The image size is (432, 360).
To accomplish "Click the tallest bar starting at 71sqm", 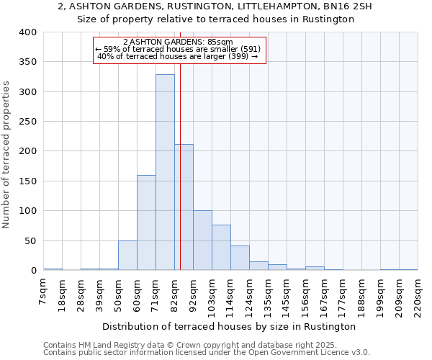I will (165, 172).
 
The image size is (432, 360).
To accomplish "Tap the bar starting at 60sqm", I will (146, 222).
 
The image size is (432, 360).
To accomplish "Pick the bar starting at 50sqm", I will (127, 256).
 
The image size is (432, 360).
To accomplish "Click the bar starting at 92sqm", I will (202, 240).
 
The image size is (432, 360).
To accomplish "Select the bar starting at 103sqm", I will (221, 248).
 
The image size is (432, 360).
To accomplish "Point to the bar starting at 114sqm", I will (240, 258).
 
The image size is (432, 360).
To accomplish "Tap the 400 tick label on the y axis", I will (28, 32).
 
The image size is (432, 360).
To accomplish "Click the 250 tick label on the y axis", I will (28, 122).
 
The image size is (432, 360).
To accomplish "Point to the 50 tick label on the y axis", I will (30, 240).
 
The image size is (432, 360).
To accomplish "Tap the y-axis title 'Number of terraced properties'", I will (7, 155).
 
